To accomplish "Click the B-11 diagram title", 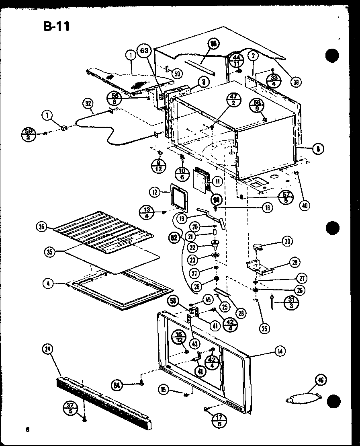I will (56, 27).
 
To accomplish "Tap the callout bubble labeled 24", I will (47, 349).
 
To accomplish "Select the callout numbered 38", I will (296, 82).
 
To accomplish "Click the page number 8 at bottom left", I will (27, 429).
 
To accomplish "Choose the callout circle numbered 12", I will (154, 193).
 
